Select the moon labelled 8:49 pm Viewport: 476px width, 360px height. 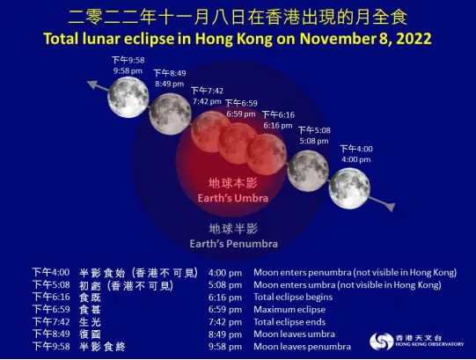click(170, 112)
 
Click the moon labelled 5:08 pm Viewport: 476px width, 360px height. click(308, 168)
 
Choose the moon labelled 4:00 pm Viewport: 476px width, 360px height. click(349, 187)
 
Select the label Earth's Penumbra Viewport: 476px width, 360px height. click(234, 243)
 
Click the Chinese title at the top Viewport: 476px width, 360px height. click(238, 18)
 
